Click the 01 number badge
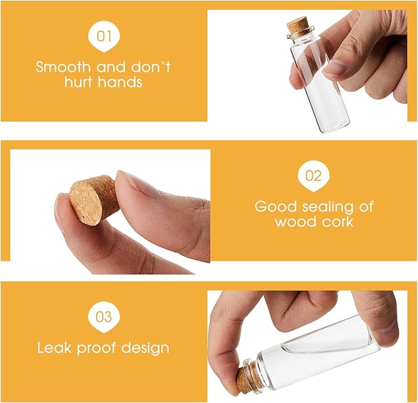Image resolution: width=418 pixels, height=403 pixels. pyautogui.click(x=103, y=36)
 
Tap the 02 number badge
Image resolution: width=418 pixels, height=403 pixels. pyautogui.click(x=313, y=176)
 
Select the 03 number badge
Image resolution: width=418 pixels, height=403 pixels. pyautogui.click(x=103, y=317)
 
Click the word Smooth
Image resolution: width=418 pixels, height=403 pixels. pyautogui.click(x=63, y=67)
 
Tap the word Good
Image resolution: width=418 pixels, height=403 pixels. pyautogui.click(x=275, y=207)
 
